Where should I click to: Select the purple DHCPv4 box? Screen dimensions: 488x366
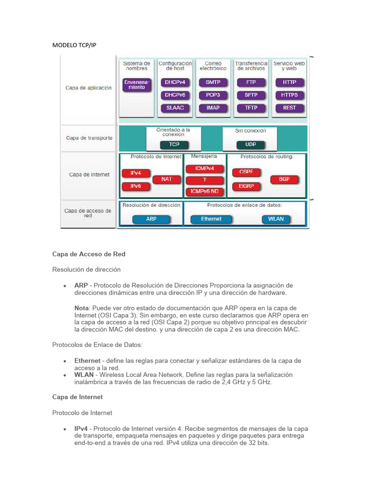coord(175,82)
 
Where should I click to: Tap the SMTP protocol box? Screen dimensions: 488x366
coord(213,82)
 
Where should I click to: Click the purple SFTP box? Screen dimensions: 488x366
coord(251,95)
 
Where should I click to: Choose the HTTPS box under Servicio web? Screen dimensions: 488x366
coord(289,95)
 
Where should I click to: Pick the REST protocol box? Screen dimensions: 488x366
coord(289,108)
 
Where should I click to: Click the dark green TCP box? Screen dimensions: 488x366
coord(174,144)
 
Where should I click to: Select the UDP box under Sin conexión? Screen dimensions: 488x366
coord(250,144)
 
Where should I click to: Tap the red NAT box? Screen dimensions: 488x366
coord(166,179)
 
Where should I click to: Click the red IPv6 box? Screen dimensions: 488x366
coord(135,186)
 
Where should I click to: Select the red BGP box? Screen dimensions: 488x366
coord(284,179)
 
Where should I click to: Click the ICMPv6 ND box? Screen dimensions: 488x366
coord(204,192)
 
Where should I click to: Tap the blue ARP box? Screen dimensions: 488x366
coord(151,219)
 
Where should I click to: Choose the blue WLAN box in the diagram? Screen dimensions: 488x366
coord(276,219)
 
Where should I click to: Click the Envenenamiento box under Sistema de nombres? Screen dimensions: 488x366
coord(137,84)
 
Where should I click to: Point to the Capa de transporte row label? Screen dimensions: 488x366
coord(89,138)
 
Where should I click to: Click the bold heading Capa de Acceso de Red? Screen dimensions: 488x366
coord(89,254)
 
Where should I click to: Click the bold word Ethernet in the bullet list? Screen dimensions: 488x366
coord(87,361)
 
